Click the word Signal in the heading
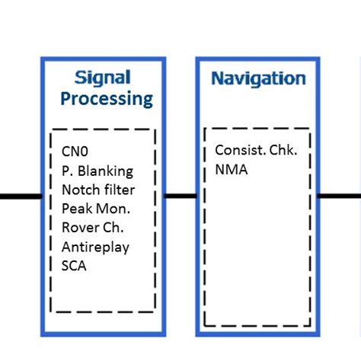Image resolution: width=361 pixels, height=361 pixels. [x=103, y=78]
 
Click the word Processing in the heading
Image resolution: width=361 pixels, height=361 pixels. [x=107, y=99]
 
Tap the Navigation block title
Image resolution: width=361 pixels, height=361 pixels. [x=258, y=79]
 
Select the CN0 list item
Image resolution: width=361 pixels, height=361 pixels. [x=75, y=152]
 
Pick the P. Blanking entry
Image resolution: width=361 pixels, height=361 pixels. [x=97, y=171]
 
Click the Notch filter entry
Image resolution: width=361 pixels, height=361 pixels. [x=98, y=190]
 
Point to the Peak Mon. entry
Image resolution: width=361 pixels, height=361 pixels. [x=96, y=209]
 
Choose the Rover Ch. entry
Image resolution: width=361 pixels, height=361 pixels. [x=93, y=228]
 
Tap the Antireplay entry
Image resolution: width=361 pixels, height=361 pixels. [x=95, y=248]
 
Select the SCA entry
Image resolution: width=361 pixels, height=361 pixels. [x=74, y=266]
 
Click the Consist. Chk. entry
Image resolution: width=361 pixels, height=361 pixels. [x=256, y=150]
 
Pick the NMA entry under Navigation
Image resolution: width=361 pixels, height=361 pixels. [x=232, y=170]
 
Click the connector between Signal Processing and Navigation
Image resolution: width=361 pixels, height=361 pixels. [x=180, y=196]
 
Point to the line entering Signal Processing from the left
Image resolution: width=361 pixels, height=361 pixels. [x=21, y=196]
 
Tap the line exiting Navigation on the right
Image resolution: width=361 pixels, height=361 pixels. [x=340, y=196]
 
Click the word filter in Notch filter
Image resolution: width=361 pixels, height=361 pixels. [x=120, y=190]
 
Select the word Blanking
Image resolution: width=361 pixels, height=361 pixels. [x=105, y=171]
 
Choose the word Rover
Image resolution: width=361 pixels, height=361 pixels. [x=77, y=228]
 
